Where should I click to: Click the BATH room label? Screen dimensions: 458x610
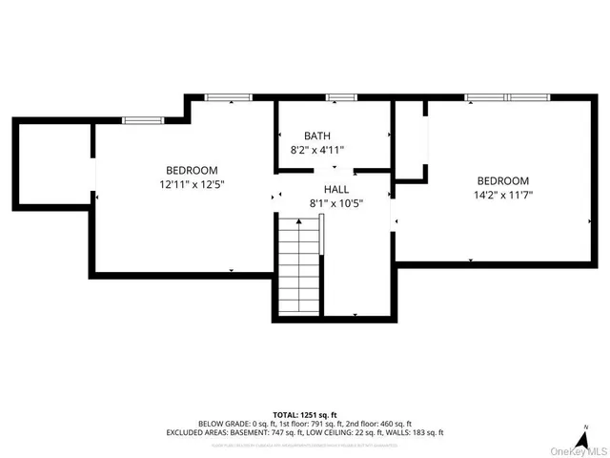point(317,136)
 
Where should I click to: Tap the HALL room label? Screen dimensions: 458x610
point(336,189)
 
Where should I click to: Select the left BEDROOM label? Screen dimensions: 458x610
point(192,170)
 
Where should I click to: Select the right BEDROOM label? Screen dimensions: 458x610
point(502,181)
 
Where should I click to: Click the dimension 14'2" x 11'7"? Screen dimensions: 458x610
point(502,196)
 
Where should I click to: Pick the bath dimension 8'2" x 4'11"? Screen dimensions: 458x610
point(317,150)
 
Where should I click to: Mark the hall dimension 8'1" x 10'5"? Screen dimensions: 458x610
point(336,202)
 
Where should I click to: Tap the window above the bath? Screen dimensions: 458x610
point(341,97)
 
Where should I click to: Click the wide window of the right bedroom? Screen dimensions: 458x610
point(507,97)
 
